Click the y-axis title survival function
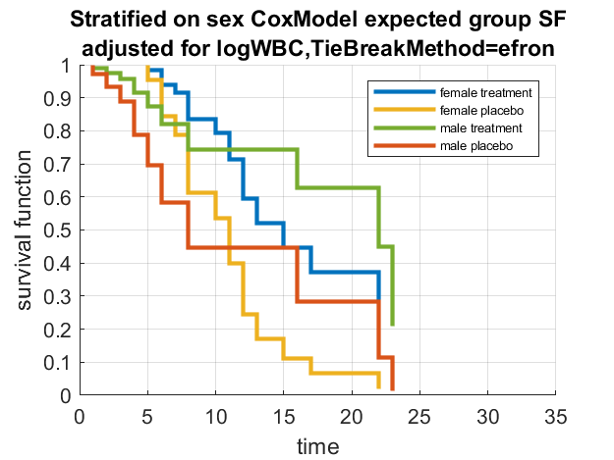click(27, 230)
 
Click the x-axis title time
click(318, 446)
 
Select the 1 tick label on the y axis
click(68, 65)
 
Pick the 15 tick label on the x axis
click(284, 414)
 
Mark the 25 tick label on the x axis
click(419, 414)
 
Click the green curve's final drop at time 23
click(393, 284)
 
